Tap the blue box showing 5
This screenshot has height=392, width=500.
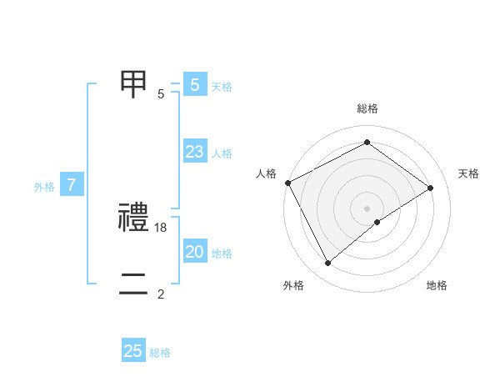coord(194,84)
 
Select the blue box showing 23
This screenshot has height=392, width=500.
coord(194,152)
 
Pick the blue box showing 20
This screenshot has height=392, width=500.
coord(194,252)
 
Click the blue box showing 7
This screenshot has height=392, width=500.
coord(72,185)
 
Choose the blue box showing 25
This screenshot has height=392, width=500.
coord(133,351)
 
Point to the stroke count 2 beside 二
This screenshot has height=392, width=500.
coord(161,294)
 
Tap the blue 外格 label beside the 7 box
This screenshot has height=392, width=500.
coord(44,187)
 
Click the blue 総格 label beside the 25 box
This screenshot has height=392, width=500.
coord(160,353)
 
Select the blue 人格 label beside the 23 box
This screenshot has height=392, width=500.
coord(222,153)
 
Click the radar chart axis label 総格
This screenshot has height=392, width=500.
coord(367,108)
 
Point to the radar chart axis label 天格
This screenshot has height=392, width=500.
coord(468,173)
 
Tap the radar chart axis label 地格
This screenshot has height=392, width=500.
coord(437,286)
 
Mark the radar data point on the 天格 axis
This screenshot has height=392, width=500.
coord(431,188)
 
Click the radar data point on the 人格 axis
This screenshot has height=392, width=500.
coord(287,183)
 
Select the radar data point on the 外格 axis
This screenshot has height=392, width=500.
coord(327,263)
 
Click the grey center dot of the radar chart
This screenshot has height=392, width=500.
coord(367,208)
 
